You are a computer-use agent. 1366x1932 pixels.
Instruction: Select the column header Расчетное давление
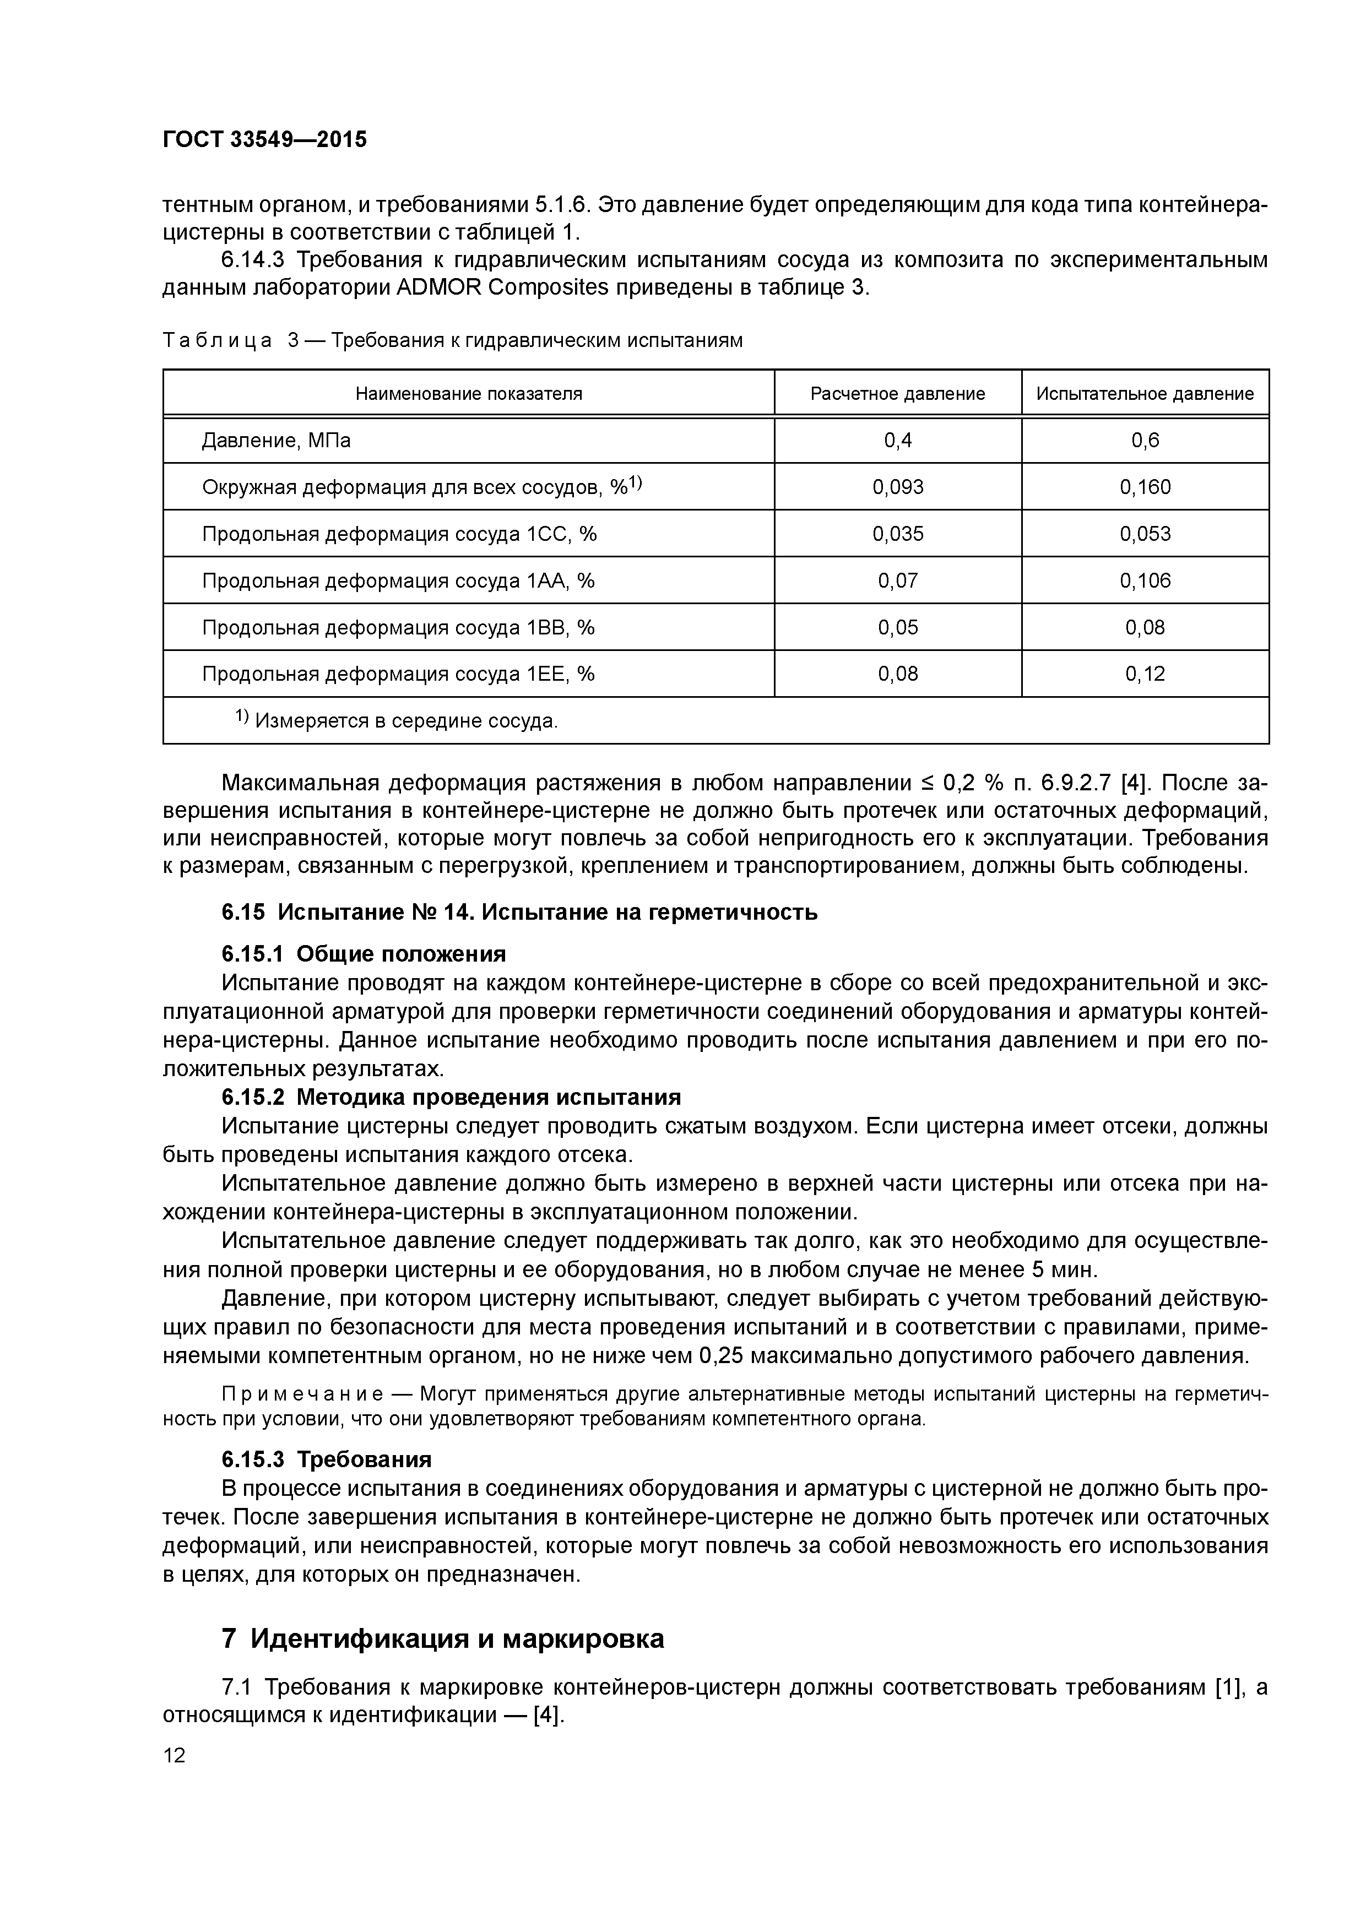tap(897, 394)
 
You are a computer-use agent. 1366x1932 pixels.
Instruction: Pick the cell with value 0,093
tap(897, 487)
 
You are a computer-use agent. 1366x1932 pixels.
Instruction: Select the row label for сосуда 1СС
tap(399, 534)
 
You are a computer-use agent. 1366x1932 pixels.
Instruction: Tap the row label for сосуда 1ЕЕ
tap(398, 674)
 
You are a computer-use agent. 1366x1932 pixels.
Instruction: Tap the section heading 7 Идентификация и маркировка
tap(443, 1638)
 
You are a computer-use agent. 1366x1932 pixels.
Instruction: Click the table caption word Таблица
tap(218, 341)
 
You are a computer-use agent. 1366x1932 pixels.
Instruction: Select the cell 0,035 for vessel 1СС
tap(897, 534)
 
